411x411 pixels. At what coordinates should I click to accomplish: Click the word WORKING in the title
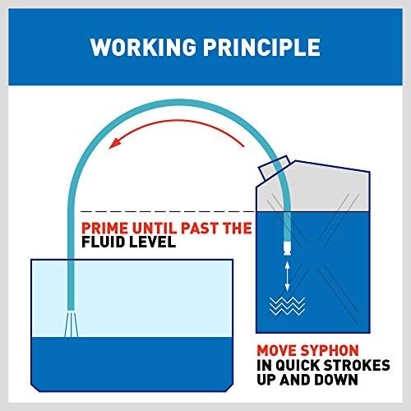[143, 47]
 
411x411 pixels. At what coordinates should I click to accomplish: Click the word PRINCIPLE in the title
[261, 47]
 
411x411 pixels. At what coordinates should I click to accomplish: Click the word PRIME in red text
[104, 228]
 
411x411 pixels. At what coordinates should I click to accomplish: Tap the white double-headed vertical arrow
[287, 276]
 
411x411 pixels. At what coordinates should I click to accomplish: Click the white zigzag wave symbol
[287, 306]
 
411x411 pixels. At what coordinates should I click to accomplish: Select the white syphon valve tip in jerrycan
[287, 248]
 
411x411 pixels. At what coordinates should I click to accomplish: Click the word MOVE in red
[277, 350]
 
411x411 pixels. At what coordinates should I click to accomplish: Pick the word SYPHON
[330, 350]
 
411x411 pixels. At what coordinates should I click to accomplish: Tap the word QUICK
[298, 365]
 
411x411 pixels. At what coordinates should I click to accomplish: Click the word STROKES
[357, 365]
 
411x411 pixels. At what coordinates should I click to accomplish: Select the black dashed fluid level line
[168, 211]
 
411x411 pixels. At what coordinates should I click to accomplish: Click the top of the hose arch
[179, 102]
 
